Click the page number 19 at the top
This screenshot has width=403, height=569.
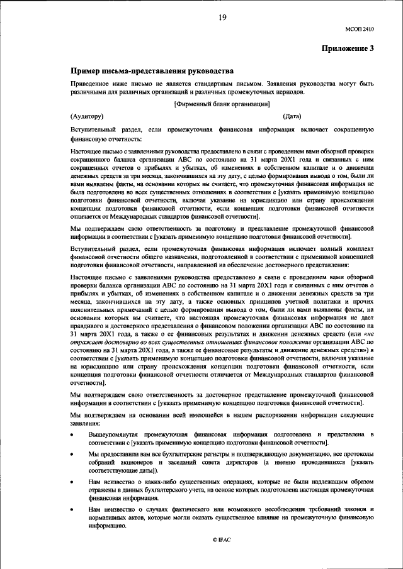coord(222,18)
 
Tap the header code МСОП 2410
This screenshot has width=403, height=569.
coord(359,28)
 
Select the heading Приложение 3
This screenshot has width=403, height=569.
coord(348,48)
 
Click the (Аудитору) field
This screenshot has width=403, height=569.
coord(86,116)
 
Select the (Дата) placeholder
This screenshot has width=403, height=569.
coord(292,116)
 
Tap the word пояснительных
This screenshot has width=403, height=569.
coord(96,307)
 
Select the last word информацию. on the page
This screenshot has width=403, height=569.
coord(106,526)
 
